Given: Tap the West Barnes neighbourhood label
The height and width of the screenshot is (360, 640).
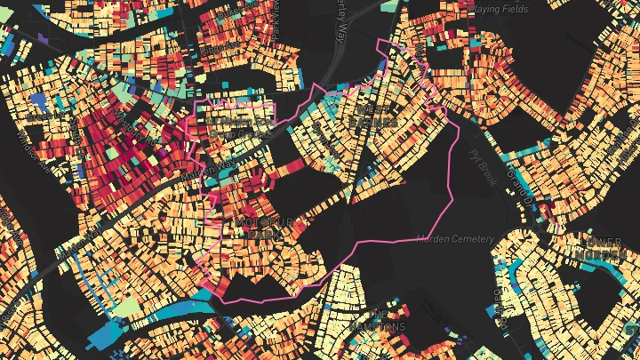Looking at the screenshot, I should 350,115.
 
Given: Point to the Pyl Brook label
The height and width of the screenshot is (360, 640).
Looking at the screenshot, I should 479,166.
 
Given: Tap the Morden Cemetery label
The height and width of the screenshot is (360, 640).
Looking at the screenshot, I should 460,238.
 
